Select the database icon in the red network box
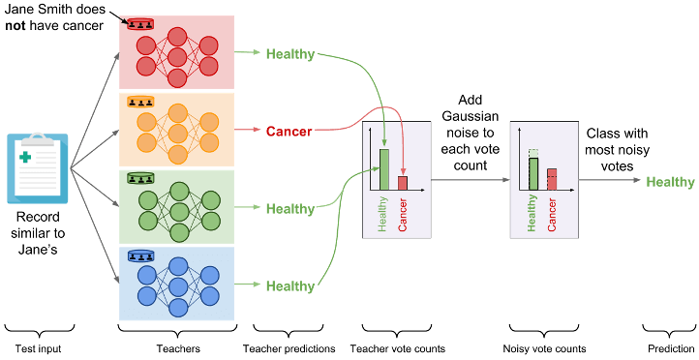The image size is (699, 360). tap(140, 24)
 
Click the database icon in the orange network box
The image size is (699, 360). tap(140, 102)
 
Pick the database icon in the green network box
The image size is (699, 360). tap(140, 179)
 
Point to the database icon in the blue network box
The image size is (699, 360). tap(140, 256)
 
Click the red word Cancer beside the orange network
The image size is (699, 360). tap(289, 132)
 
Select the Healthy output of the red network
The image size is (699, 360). tap(289, 54)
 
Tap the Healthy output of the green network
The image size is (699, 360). tap(289, 209)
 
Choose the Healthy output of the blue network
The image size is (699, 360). tap(289, 286)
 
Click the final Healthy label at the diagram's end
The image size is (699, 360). tap(670, 182)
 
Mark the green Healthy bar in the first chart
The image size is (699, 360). tap(383, 169)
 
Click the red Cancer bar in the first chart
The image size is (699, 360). tap(403, 183)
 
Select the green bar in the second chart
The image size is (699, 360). tap(532, 173)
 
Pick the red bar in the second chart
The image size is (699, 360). tap(552, 180)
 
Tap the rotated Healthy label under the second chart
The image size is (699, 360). tap(532, 213)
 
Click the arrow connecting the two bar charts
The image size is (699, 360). tap(470, 180)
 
